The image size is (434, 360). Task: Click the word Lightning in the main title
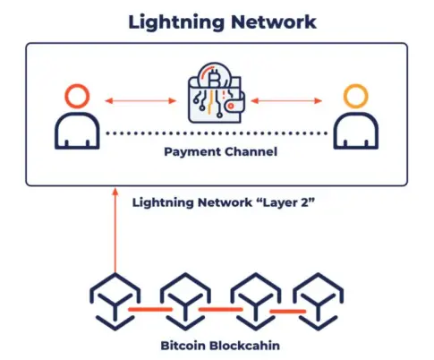click(176, 22)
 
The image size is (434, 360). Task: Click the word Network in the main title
click(274, 22)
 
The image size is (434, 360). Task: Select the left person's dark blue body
click(77, 115)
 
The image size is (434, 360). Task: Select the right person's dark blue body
click(356, 115)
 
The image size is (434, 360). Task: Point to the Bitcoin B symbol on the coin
click(213, 78)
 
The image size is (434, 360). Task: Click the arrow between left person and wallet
click(140, 100)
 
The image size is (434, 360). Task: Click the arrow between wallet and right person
click(286, 100)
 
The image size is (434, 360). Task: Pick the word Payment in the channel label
click(192, 152)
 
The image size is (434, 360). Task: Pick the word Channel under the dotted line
click(251, 151)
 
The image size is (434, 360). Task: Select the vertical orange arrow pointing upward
click(115, 230)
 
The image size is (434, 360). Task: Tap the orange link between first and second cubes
click(150, 309)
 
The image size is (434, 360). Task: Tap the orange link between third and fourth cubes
click(288, 312)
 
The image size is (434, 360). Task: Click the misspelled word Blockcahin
click(244, 346)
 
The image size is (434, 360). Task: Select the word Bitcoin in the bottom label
click(183, 346)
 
